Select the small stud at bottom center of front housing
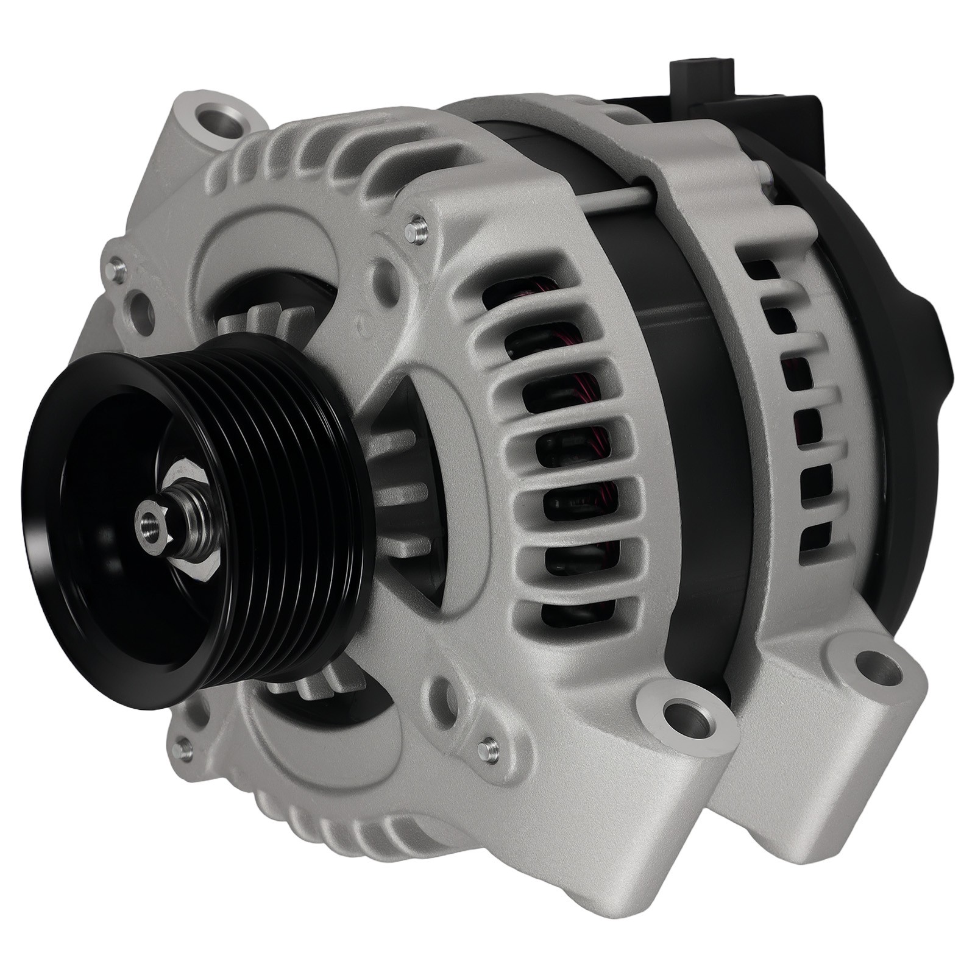click(x=487, y=746)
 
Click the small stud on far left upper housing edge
click(x=115, y=266)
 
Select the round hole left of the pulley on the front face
click(x=141, y=308)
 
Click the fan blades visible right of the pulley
click(x=402, y=487)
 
